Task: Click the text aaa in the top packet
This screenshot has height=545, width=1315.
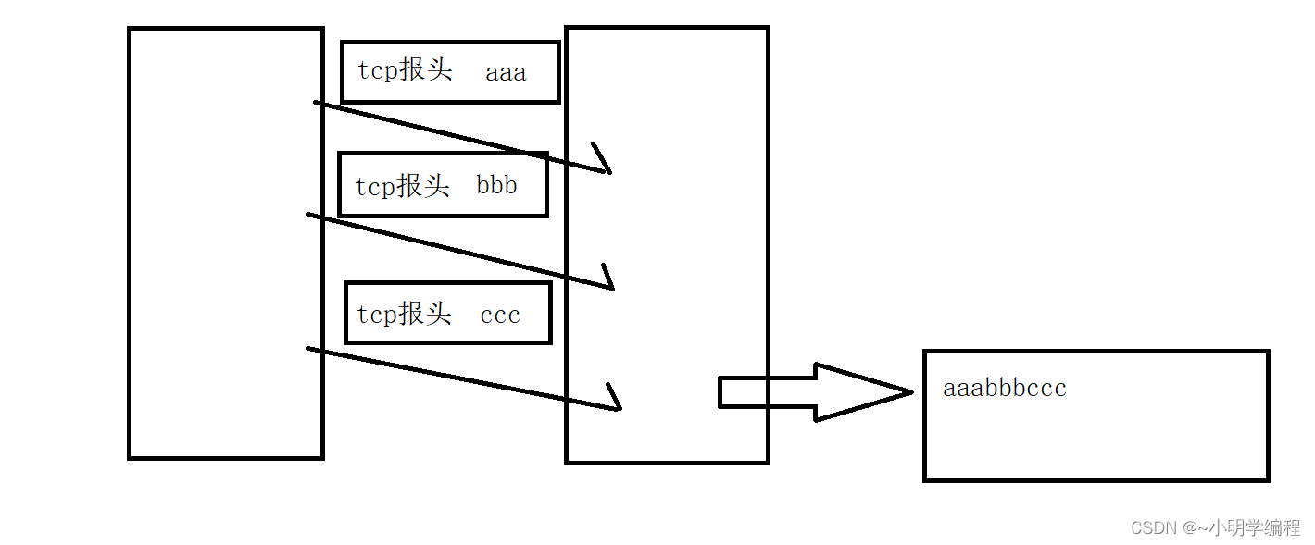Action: point(506,73)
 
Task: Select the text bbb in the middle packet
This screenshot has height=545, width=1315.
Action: point(496,185)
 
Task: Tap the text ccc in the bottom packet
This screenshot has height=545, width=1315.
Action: point(500,315)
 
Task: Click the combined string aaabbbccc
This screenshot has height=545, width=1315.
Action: point(1004,388)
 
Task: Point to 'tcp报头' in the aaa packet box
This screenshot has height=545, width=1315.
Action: point(405,71)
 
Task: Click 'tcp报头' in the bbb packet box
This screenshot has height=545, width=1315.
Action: point(402,185)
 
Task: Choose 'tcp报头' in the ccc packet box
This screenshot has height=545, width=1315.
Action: point(404,314)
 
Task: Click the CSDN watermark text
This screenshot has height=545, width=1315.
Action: point(1153,527)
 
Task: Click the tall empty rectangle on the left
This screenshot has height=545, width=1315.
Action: point(225,242)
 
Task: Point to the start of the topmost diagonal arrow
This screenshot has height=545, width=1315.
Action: point(317,103)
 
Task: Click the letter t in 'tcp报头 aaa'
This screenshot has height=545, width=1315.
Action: point(362,72)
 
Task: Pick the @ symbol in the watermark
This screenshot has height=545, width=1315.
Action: point(1189,527)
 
